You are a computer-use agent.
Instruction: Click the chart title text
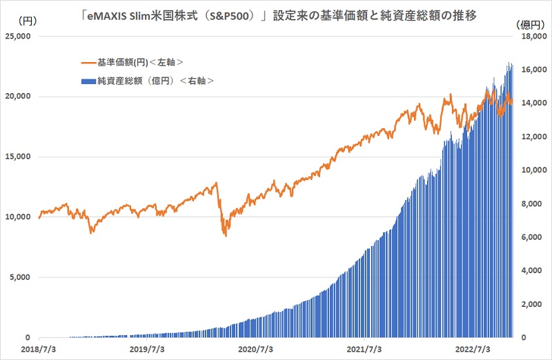point(276,12)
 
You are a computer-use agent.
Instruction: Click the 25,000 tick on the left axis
point(21,36)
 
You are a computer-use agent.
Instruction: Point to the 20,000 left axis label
point(21,97)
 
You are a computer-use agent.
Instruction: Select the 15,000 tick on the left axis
point(21,157)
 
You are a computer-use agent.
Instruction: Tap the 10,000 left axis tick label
point(21,217)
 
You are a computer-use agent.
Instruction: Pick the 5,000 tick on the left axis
point(23,277)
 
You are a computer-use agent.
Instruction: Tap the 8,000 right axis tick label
point(533,203)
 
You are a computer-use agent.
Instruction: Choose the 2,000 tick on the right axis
point(533,304)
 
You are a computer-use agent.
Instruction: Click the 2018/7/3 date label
point(39,350)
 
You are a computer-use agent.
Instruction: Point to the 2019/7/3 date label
point(149,350)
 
